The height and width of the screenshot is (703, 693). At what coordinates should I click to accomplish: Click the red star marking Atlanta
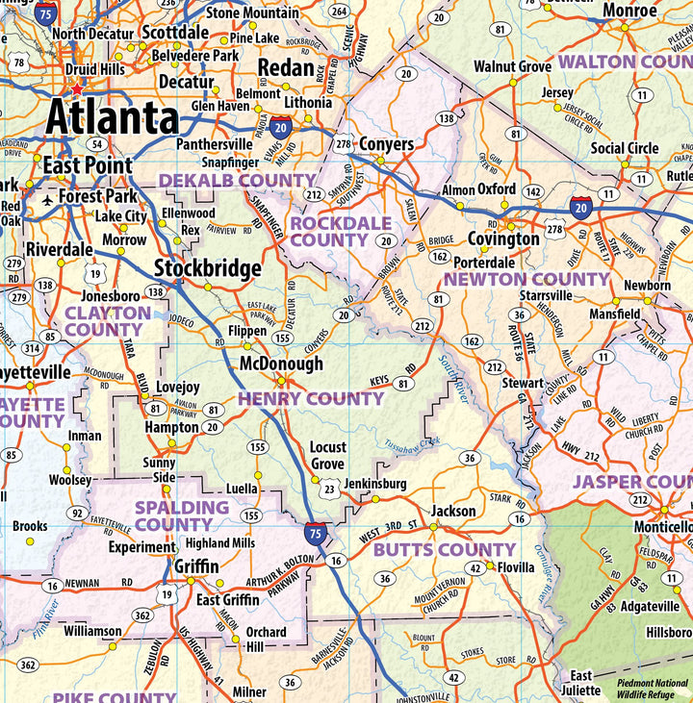click(x=77, y=89)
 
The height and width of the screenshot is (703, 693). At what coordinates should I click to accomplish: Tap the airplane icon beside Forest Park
click(x=48, y=199)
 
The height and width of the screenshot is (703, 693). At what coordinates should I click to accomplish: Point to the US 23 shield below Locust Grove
click(x=328, y=489)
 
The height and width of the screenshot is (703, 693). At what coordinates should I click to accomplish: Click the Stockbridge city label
click(x=207, y=268)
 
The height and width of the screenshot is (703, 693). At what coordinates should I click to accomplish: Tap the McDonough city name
click(x=281, y=364)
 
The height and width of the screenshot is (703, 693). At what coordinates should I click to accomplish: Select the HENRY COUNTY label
click(x=311, y=398)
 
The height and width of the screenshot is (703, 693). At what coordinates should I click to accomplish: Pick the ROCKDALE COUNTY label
click(x=329, y=231)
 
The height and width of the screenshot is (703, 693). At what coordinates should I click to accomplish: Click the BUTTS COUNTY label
click(x=445, y=550)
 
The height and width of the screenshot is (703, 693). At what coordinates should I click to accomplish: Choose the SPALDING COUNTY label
click(x=181, y=515)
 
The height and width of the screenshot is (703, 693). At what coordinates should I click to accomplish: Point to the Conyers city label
click(x=386, y=144)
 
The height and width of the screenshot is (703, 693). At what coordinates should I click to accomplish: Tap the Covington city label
click(x=503, y=239)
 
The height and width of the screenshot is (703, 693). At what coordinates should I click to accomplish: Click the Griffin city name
click(x=196, y=566)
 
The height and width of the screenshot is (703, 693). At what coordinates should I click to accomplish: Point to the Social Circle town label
click(x=625, y=148)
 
